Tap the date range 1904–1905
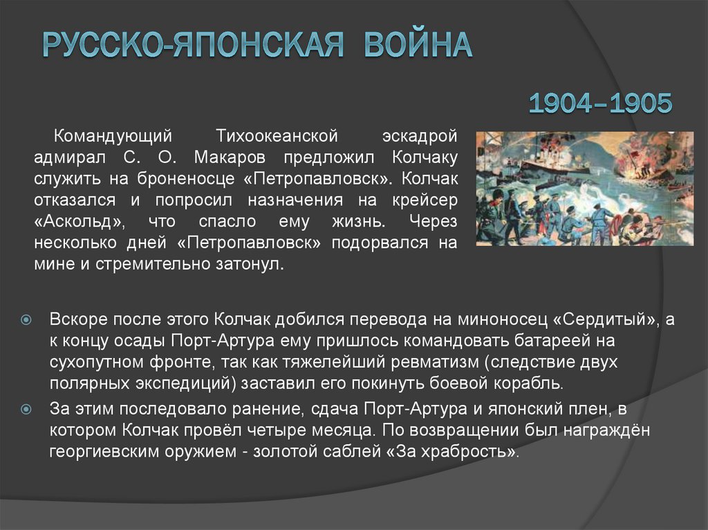pyautogui.click(x=600, y=104)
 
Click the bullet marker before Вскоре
pyautogui.click(x=26, y=321)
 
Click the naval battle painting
pyautogui.click(x=584, y=189)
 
